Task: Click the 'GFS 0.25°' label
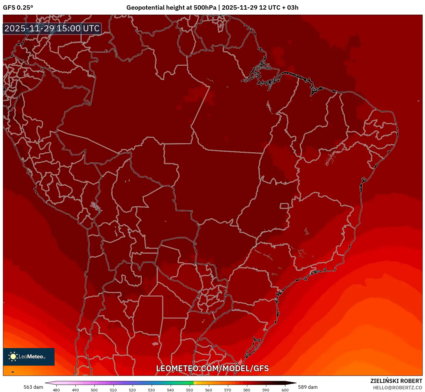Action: pos(18,8)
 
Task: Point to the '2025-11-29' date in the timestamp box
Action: pos(29,28)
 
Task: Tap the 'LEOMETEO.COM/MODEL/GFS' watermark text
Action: pos(212,368)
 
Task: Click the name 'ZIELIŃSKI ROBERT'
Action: pos(396,381)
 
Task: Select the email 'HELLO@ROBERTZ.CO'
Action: pos(397,388)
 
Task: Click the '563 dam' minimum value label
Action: pos(33,387)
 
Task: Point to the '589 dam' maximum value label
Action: pos(308,387)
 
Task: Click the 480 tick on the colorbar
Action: pos(56,390)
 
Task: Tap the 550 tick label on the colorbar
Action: pos(189,390)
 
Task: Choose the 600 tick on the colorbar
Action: pos(285,390)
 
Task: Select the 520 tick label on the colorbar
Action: pos(132,390)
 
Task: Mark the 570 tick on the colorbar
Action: pos(228,390)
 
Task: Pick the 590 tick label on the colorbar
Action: pos(266,390)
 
